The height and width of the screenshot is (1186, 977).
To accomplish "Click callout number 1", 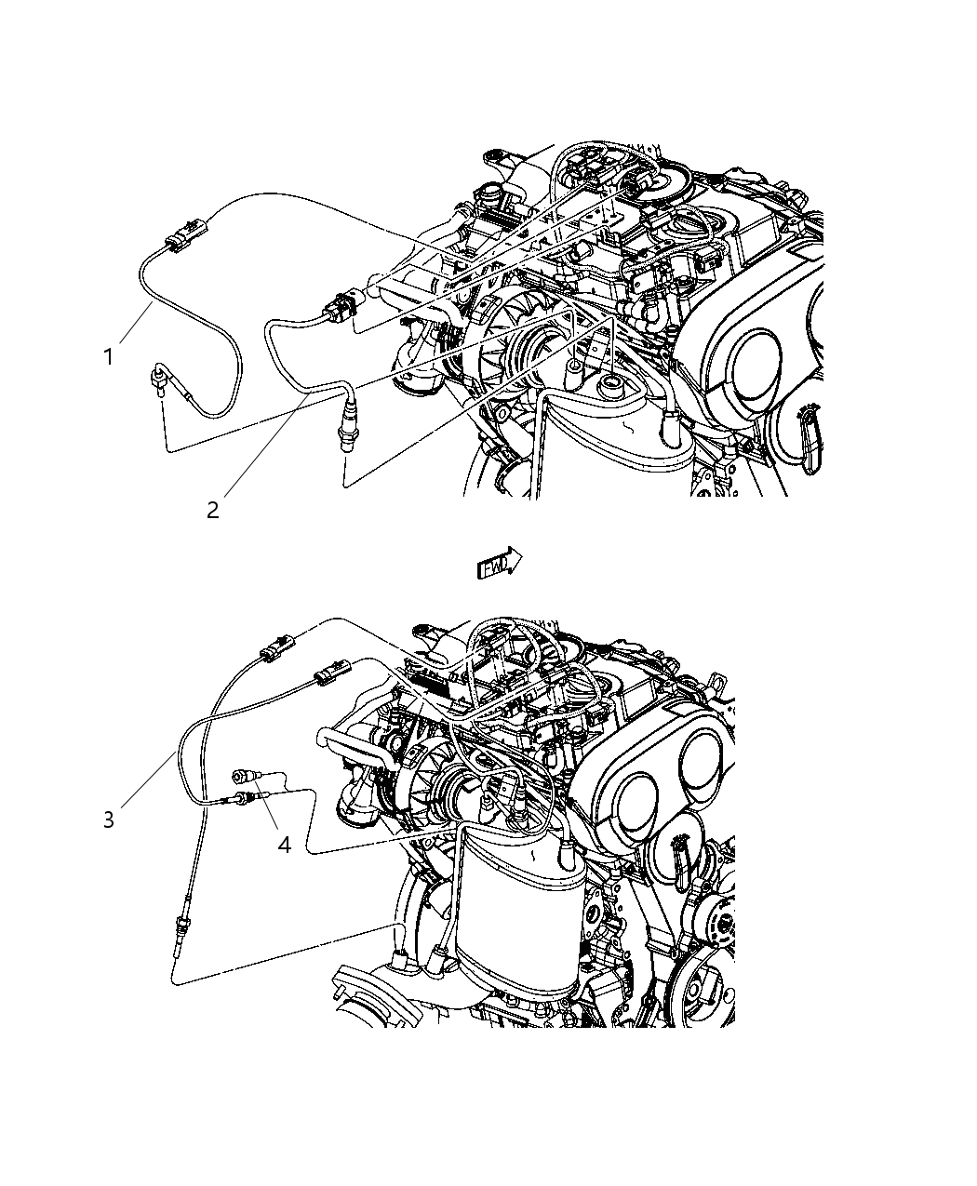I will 109,356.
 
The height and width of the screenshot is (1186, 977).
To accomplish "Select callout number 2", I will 213,510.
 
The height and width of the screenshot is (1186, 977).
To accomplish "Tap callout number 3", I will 109,820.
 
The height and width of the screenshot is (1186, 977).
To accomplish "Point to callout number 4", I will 284,845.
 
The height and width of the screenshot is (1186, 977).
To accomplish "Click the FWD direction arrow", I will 499,564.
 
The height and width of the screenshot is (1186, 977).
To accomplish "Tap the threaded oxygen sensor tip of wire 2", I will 346,436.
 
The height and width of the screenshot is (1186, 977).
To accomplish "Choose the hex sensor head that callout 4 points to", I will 244,777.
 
